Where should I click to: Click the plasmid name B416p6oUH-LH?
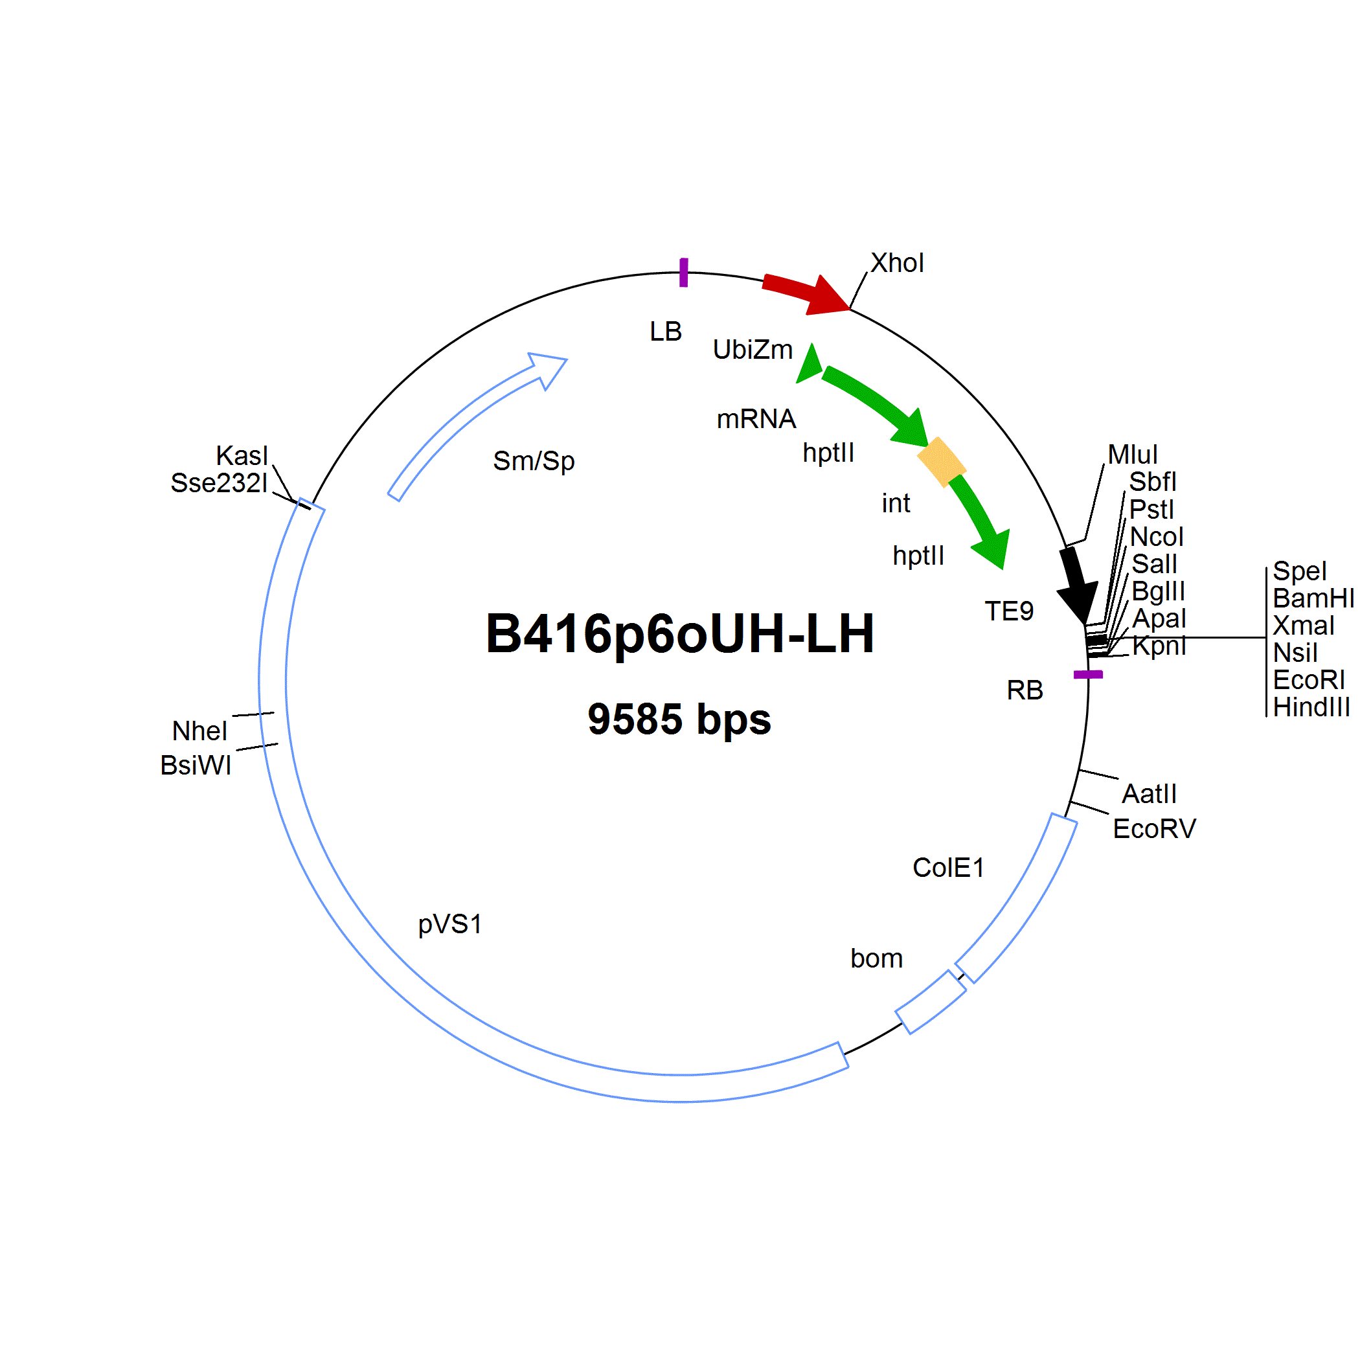pos(679,634)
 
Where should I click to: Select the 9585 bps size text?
pos(679,720)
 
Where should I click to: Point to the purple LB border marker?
pos(683,273)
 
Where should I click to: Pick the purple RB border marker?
pos(1087,674)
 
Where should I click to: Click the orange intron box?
pos(941,462)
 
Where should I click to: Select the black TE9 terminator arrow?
pos(1077,584)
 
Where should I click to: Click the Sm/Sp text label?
pos(534,461)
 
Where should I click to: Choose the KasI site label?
pos(242,455)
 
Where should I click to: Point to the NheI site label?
pos(199,731)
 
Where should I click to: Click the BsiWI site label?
pos(196,765)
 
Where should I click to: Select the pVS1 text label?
pos(450,924)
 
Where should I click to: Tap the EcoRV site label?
pos(1155,828)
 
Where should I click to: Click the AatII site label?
pos(1149,794)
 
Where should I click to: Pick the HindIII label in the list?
pos(1311,707)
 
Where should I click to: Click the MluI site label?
pos(1133,454)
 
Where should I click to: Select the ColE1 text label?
pos(948,868)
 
